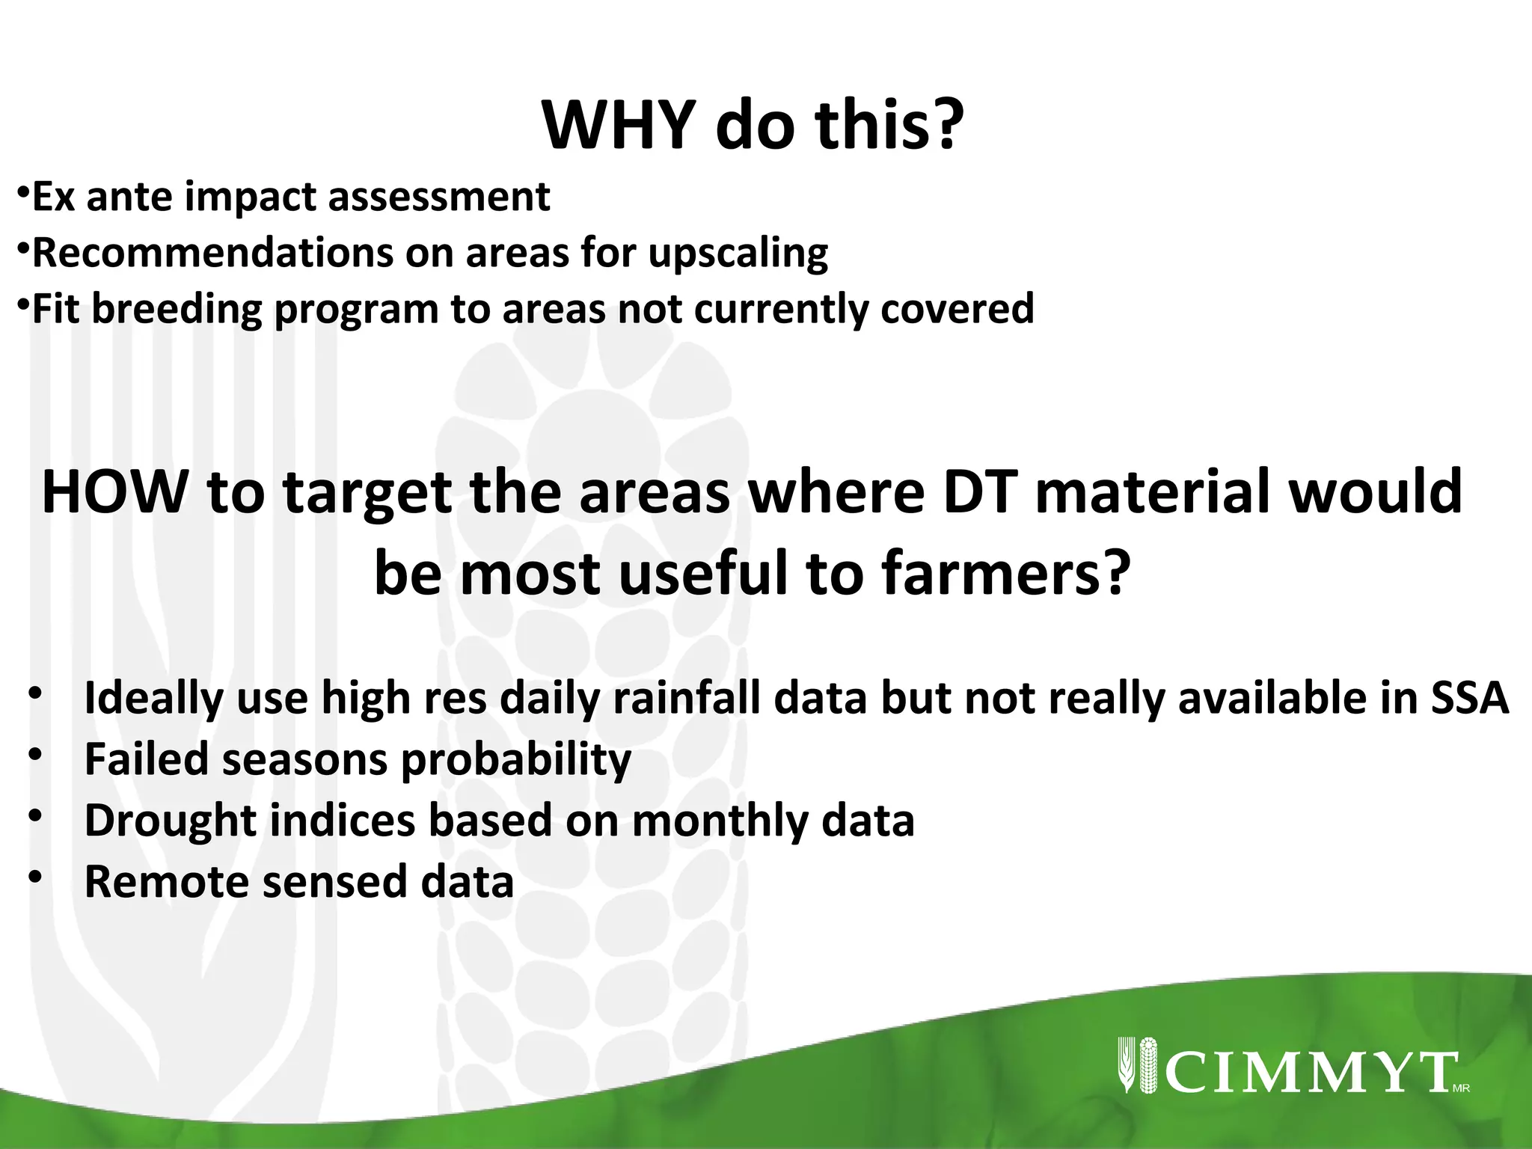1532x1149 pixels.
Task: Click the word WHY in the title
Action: click(619, 125)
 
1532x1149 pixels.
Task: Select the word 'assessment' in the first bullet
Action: click(439, 197)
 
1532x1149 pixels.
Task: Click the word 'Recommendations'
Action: click(212, 253)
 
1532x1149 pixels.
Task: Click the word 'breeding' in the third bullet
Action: click(177, 310)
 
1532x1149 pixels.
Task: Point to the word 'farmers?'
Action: click(1005, 574)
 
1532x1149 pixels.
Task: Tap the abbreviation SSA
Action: click(1469, 698)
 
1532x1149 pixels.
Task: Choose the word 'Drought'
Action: click(171, 821)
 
